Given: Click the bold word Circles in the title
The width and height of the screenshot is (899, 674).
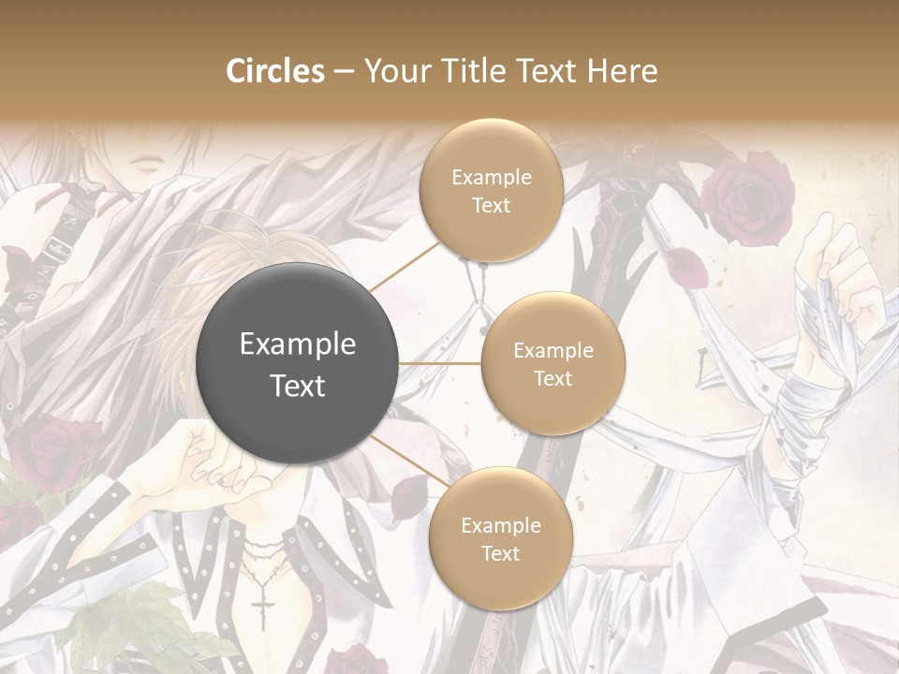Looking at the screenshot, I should (274, 71).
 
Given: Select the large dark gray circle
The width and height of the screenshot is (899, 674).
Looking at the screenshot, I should (298, 363).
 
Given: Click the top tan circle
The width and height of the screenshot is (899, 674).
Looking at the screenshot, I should (491, 190).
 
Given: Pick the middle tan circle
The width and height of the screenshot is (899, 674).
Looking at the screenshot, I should (553, 363).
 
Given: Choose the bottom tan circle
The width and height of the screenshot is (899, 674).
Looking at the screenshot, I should (500, 538).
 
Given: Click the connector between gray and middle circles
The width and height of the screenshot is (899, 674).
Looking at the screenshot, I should (440, 363).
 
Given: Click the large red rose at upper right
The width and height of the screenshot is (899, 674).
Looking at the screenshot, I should (747, 198).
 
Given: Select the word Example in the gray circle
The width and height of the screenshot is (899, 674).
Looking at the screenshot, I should (298, 344).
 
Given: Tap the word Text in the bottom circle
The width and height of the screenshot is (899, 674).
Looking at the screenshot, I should (500, 553).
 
